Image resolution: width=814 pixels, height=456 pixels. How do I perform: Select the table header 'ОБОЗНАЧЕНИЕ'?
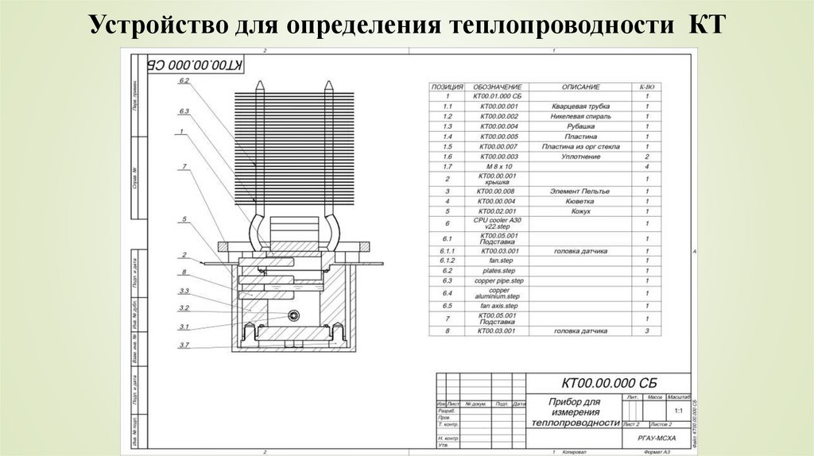point(497,87)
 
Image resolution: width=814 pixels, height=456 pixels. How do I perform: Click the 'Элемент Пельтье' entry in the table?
point(579,191)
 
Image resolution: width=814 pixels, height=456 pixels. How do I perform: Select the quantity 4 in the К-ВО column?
point(647,167)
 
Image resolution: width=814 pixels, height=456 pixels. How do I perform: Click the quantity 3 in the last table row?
point(647,330)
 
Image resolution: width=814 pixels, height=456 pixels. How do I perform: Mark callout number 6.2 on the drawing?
point(184,81)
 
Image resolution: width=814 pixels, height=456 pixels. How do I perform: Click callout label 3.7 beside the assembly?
point(184,344)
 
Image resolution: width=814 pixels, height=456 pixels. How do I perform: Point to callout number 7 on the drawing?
point(184,166)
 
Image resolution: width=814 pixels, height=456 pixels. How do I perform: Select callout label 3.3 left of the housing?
point(184,291)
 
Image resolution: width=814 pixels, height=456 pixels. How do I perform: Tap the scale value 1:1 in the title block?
point(678,412)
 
